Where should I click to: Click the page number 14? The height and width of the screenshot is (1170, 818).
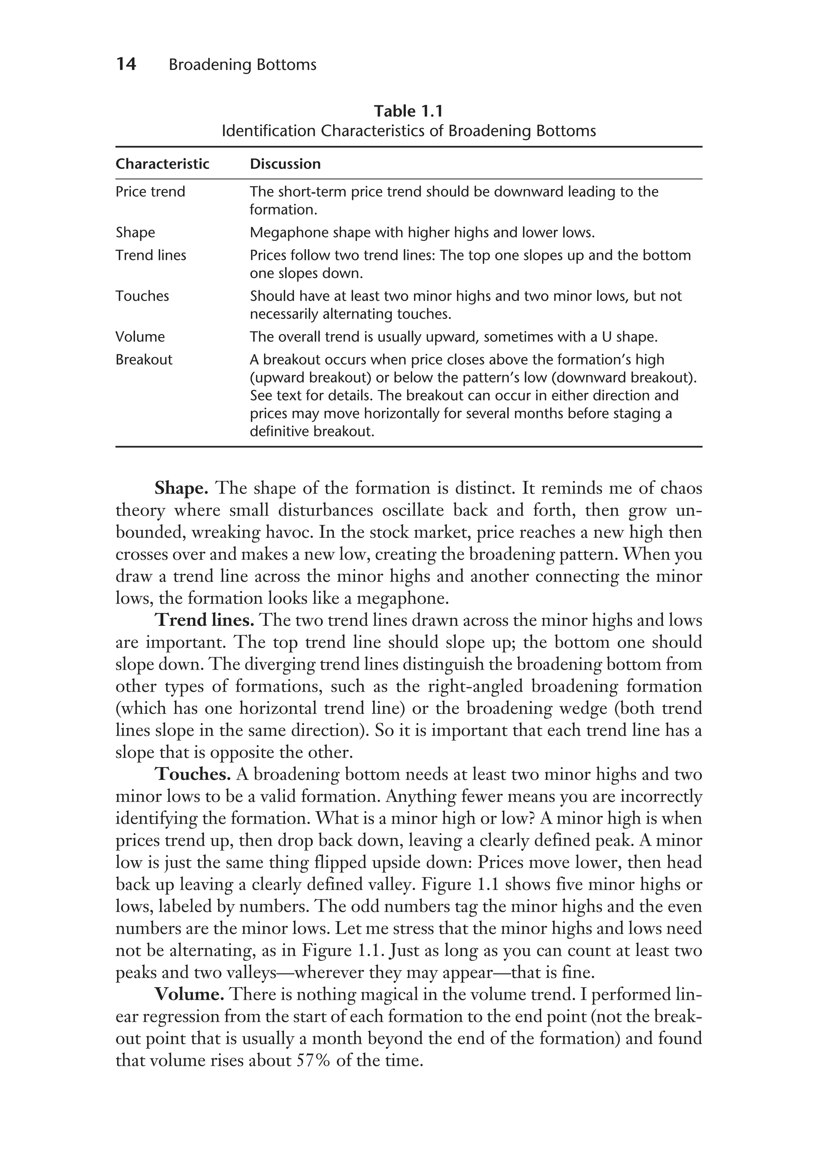(x=126, y=64)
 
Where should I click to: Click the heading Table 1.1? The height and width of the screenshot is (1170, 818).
(x=408, y=111)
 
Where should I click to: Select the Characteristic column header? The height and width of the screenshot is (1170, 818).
(x=162, y=164)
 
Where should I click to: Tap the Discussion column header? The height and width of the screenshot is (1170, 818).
(x=285, y=164)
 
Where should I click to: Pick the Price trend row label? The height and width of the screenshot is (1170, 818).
(x=150, y=192)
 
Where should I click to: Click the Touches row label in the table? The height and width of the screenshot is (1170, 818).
(x=142, y=296)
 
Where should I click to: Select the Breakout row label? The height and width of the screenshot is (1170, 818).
(x=144, y=360)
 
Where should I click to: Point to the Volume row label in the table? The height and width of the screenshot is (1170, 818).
(x=140, y=337)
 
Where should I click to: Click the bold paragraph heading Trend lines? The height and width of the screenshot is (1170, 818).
(x=204, y=620)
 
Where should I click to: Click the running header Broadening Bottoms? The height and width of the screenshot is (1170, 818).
(x=242, y=65)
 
